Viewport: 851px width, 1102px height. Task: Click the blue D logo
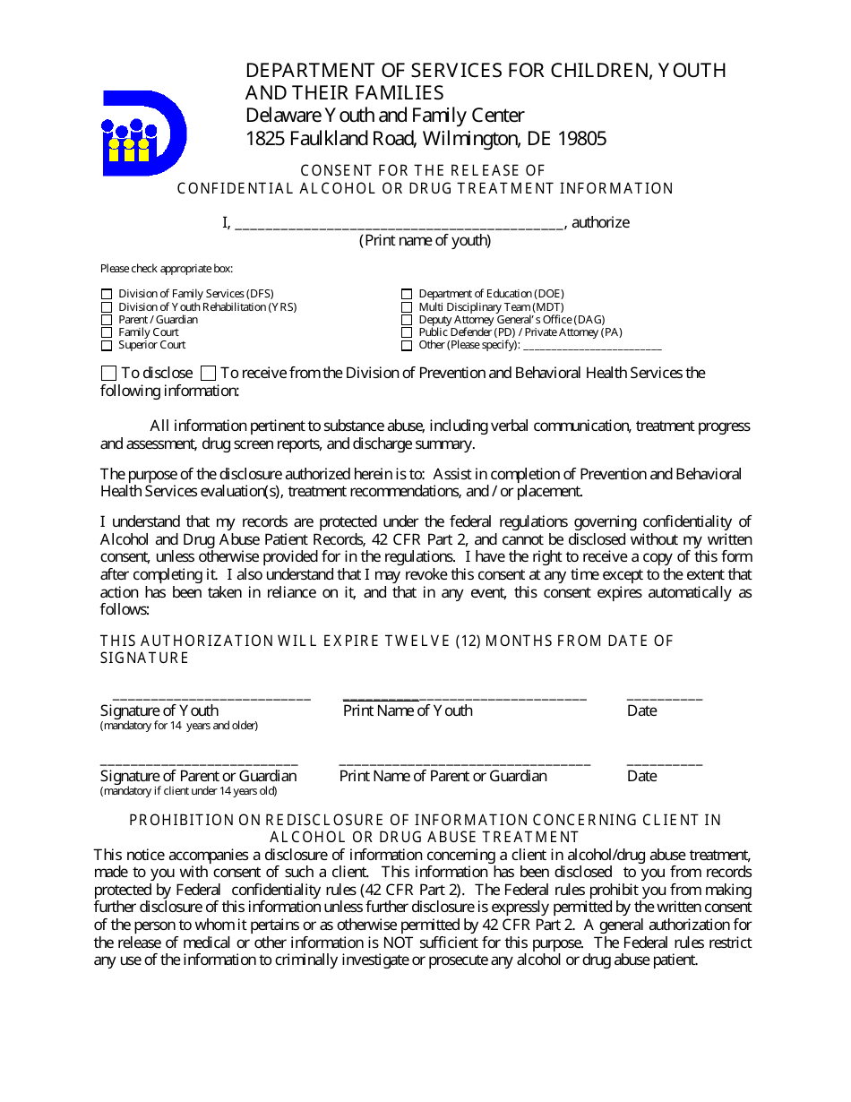(x=143, y=133)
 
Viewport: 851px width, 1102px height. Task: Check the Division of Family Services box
(x=107, y=294)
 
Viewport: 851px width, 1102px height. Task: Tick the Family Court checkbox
(x=107, y=332)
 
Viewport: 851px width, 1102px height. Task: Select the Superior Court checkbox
(x=107, y=346)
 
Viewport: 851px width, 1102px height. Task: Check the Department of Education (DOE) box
(x=407, y=294)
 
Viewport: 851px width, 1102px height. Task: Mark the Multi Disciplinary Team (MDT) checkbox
(x=407, y=307)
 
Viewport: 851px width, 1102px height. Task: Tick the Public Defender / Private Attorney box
(x=407, y=332)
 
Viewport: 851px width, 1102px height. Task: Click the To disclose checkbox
(x=108, y=373)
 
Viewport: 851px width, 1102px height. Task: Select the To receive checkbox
(x=208, y=373)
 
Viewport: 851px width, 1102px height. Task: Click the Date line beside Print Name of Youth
(x=664, y=696)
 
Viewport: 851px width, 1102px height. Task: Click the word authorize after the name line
(x=600, y=222)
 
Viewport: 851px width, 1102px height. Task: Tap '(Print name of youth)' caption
(x=425, y=240)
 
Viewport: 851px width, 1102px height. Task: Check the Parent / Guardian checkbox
(x=107, y=320)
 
